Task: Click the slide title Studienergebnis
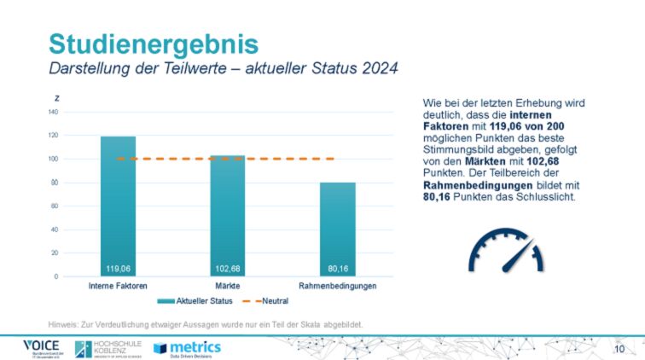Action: (153, 43)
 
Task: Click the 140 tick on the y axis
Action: (53, 112)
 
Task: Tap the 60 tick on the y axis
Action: (55, 206)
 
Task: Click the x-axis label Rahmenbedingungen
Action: (338, 286)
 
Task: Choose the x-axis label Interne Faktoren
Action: (118, 286)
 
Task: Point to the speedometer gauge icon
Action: (504, 248)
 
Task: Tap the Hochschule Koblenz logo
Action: (107, 348)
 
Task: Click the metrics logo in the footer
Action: (187, 347)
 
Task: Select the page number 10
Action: (619, 350)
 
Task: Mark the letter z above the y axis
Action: (57, 100)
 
